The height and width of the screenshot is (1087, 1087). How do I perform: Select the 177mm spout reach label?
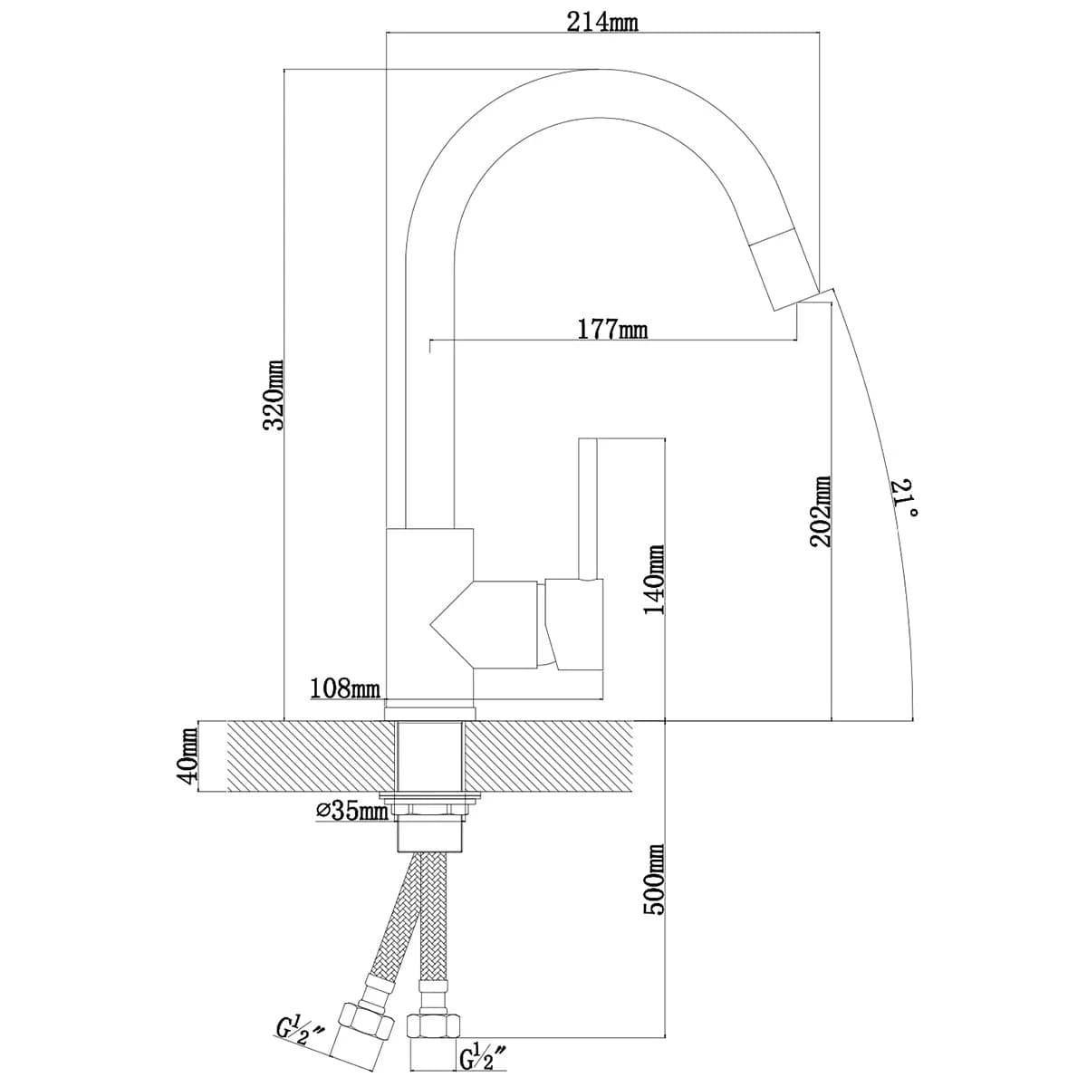tap(613, 329)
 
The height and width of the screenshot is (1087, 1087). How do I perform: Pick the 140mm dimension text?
tap(654, 580)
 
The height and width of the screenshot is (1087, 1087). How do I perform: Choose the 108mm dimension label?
tap(344, 689)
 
